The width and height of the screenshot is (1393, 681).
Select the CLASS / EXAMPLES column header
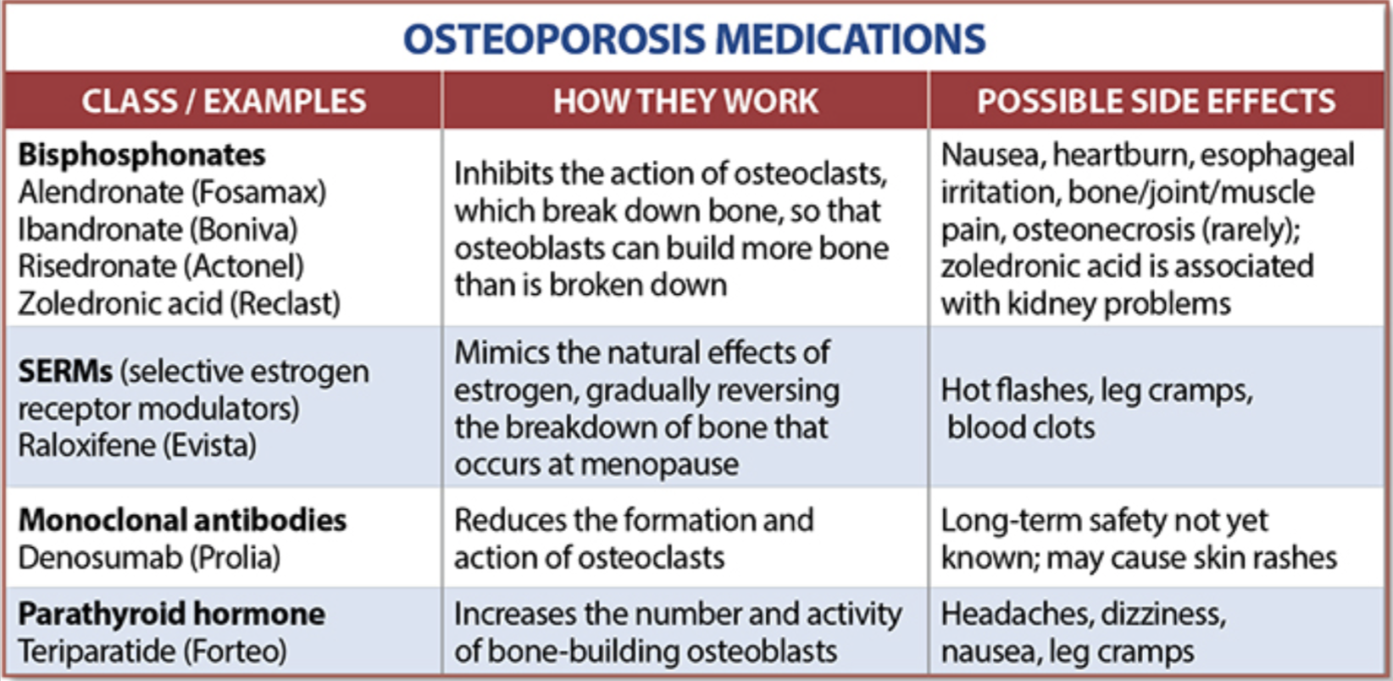(x=224, y=102)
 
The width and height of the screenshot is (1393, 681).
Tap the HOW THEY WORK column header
(x=685, y=102)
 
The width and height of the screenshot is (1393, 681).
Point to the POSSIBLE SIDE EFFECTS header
(x=1156, y=102)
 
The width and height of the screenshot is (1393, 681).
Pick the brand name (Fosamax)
(x=258, y=193)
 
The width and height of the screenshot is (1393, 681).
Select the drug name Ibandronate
(x=100, y=230)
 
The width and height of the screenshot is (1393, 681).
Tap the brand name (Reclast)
(x=286, y=304)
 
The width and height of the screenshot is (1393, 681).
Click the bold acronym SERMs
(x=65, y=372)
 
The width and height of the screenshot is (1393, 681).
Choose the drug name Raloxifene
(x=86, y=446)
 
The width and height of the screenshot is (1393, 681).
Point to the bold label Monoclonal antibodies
(x=182, y=521)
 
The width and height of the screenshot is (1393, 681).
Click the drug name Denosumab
(x=100, y=558)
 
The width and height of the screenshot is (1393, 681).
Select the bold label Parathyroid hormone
(x=172, y=614)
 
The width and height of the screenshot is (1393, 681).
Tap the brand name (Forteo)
(x=235, y=651)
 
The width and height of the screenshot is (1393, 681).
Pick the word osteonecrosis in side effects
(x=1104, y=230)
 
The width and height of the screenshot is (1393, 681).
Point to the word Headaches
(x=1017, y=614)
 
